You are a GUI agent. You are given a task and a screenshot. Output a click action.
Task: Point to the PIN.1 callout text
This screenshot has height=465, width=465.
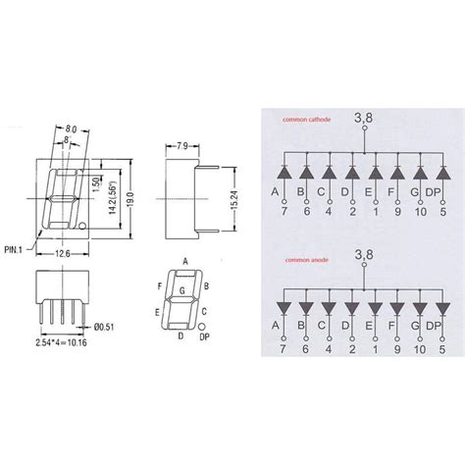(16, 251)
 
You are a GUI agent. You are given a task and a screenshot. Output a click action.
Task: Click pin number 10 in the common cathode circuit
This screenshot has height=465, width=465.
(421, 212)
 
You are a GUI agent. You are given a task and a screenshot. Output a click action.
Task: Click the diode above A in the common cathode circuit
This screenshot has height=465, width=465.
(281, 171)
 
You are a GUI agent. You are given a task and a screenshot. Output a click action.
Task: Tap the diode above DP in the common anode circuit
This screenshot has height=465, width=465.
(444, 310)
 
